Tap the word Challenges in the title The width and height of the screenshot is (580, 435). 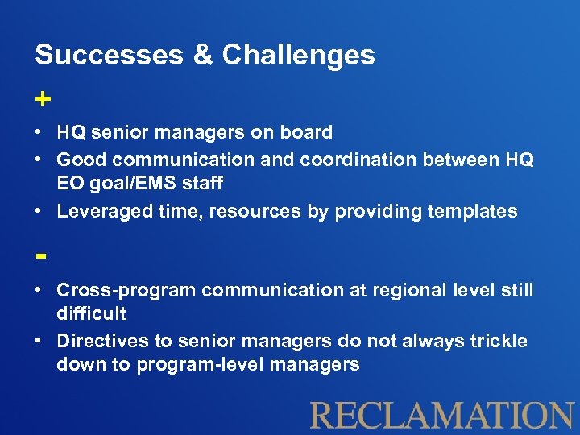(x=298, y=55)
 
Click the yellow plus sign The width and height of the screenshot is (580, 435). (x=43, y=98)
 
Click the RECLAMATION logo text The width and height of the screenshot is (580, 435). (x=441, y=415)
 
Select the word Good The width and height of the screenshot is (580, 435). (x=81, y=159)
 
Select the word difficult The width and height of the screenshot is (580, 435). (x=91, y=313)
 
